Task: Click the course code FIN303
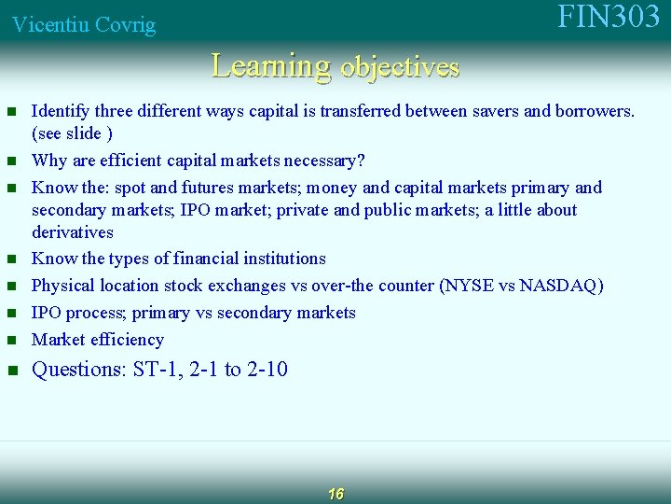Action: coord(609,18)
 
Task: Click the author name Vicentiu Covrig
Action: coord(84,25)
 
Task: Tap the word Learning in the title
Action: coord(271,66)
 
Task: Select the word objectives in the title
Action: coord(401,68)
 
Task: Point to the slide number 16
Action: coord(335,494)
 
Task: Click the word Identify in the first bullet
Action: coord(60,112)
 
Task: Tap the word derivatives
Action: coord(73,232)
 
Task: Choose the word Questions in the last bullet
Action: coord(78,370)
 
